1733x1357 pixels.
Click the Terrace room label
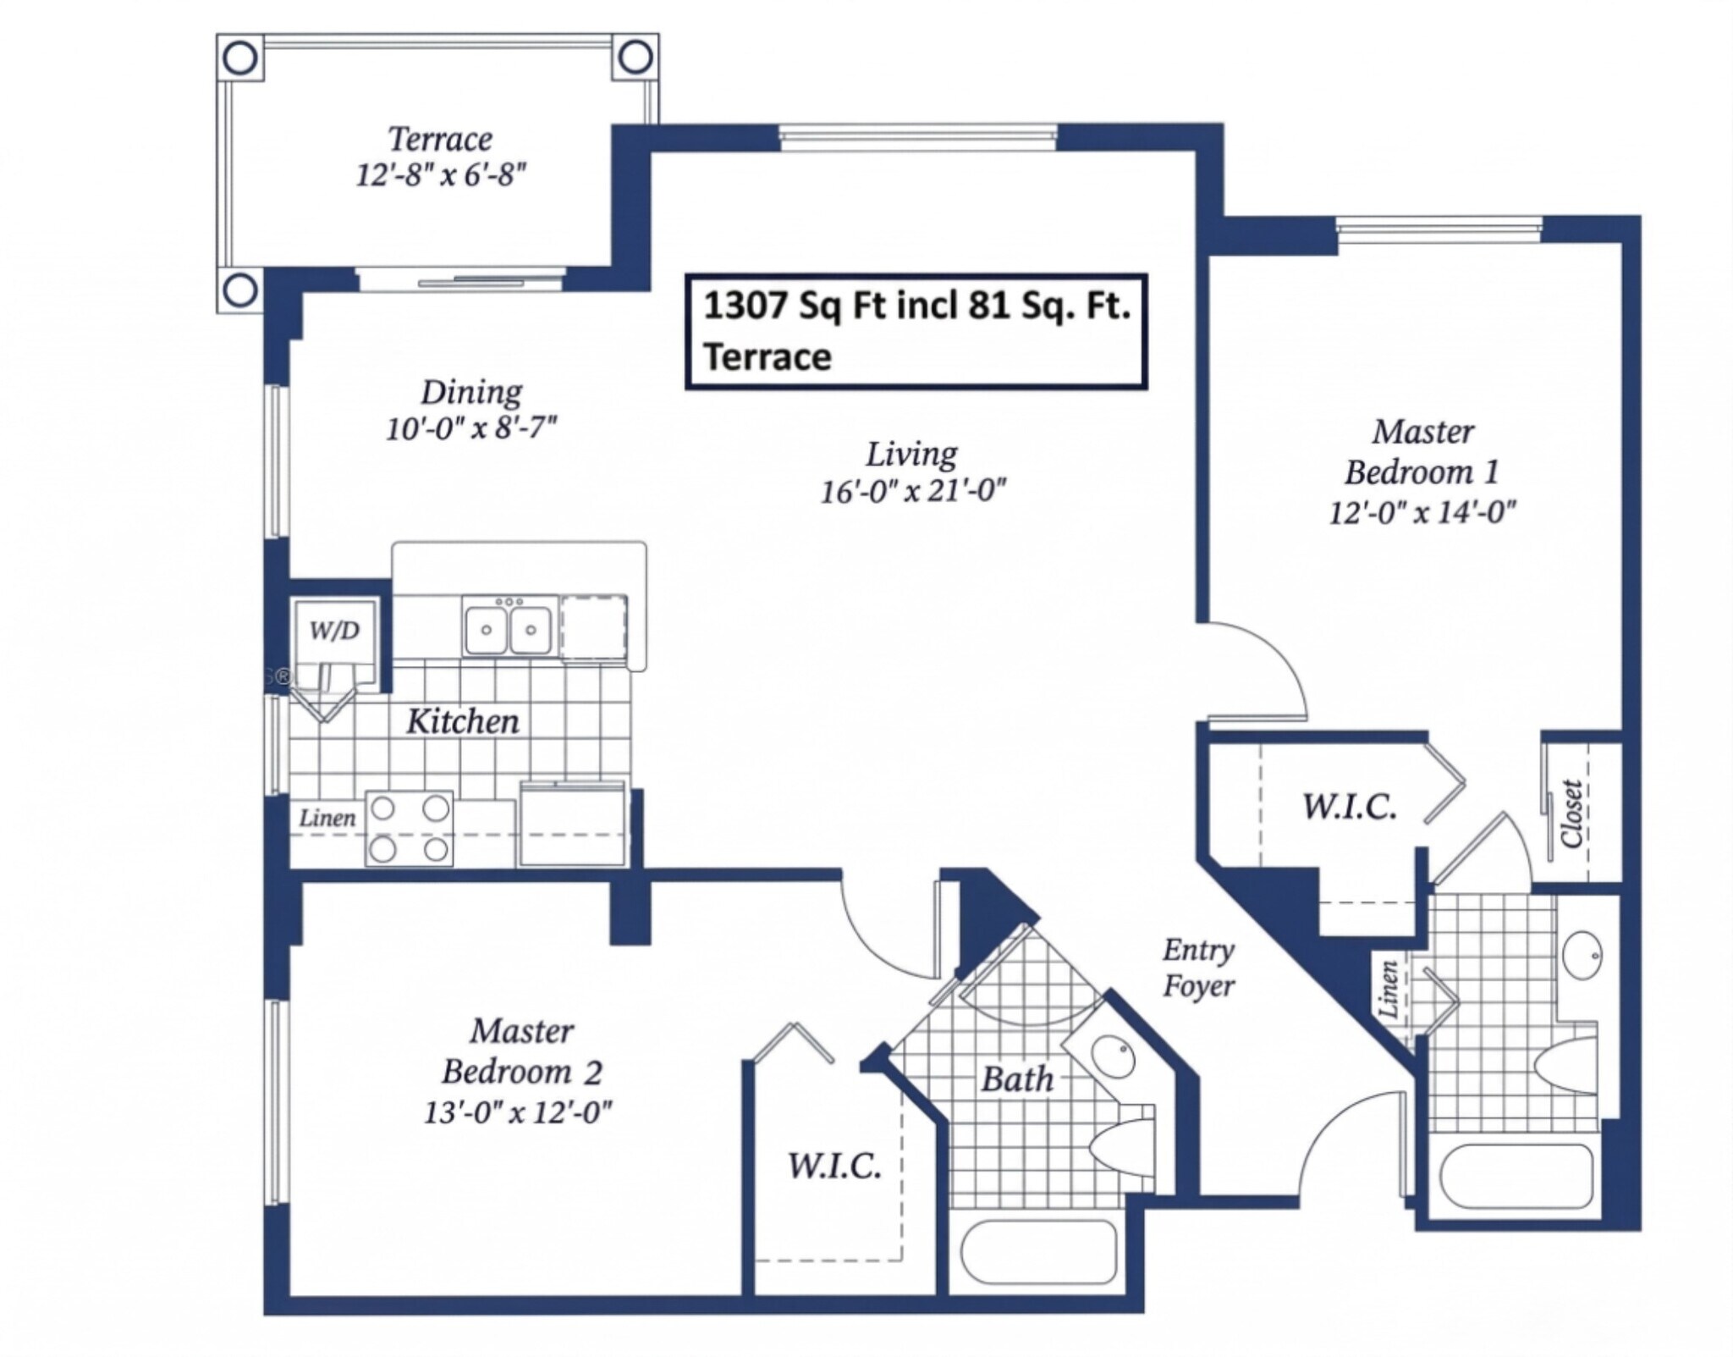click(x=440, y=139)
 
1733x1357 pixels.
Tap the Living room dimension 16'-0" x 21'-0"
click(x=913, y=491)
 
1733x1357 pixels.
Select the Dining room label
click(x=471, y=392)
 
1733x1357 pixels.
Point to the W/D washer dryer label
click(x=335, y=630)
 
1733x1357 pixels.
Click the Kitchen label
click(x=463, y=721)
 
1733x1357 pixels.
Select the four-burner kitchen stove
click(x=409, y=829)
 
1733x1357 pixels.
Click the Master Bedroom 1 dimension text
click(x=1422, y=512)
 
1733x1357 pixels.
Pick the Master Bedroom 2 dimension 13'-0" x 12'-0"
click(x=517, y=1112)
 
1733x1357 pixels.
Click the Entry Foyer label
click(x=1198, y=968)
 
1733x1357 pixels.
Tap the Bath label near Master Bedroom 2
click(x=1017, y=1079)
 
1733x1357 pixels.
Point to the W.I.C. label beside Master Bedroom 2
click(x=834, y=1167)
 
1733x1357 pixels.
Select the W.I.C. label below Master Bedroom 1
click(x=1350, y=807)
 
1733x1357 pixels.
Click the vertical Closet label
click(x=1571, y=814)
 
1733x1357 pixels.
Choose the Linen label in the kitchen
click(x=327, y=818)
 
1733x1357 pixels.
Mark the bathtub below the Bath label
click(x=1039, y=1252)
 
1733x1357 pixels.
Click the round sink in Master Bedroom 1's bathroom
click(x=1579, y=955)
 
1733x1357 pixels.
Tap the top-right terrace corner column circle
click(x=635, y=58)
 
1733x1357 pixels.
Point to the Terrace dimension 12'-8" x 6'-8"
click(x=441, y=175)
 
